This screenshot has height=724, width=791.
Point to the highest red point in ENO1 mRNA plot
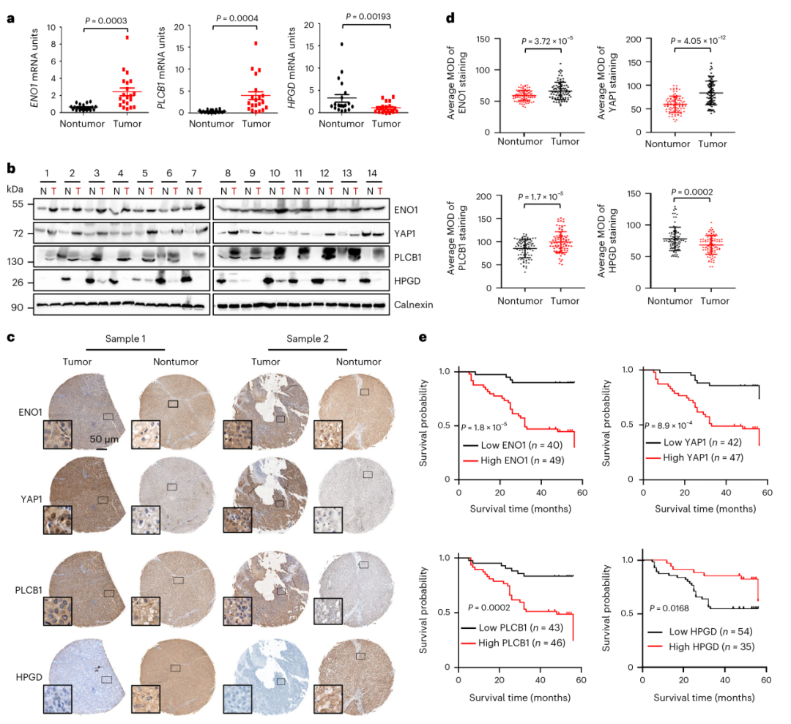[127, 37]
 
